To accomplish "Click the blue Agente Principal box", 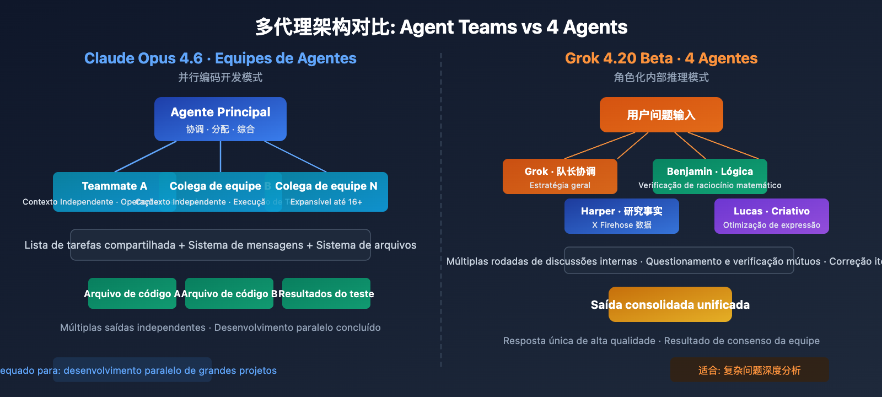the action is [220, 119].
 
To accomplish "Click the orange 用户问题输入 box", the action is [661, 115].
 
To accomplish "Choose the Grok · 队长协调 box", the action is [560, 176].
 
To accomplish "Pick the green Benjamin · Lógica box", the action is [709, 176].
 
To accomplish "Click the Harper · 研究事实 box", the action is [621, 216].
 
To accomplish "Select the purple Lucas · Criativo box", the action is [771, 216].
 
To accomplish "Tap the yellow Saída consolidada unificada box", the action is [670, 304].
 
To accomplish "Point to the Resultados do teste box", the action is [326, 293].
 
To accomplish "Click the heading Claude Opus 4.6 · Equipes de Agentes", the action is [220, 58].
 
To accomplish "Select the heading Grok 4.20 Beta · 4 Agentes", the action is [661, 58].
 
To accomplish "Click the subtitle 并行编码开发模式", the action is [220, 77].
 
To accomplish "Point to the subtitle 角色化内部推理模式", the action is [661, 77].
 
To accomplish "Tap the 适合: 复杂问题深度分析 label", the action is [749, 370].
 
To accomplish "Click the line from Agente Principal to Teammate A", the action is [146, 157].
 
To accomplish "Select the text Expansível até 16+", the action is [326, 202].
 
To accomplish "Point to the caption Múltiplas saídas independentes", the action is [132, 328].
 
